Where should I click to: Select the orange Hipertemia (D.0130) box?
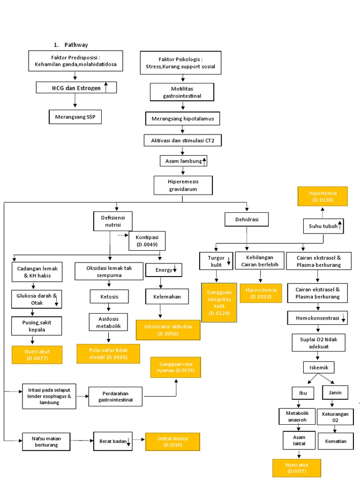click(322, 196)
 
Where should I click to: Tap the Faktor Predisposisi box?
click(75, 61)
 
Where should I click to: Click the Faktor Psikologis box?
click(180, 63)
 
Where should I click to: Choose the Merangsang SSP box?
click(75, 117)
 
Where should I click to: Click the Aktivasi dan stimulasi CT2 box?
click(182, 140)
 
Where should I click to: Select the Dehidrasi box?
click(247, 219)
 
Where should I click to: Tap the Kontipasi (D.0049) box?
click(147, 241)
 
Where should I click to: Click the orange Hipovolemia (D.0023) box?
click(261, 293)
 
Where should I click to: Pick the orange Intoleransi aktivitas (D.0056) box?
click(168, 330)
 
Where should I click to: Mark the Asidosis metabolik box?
click(108, 322)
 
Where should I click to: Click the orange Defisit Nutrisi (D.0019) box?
click(172, 442)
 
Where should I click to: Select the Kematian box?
click(335, 441)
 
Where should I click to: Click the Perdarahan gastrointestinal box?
click(115, 397)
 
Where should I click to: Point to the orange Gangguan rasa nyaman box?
click(176, 367)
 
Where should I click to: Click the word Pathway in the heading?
click(76, 45)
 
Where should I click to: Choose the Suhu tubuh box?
click(325, 226)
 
